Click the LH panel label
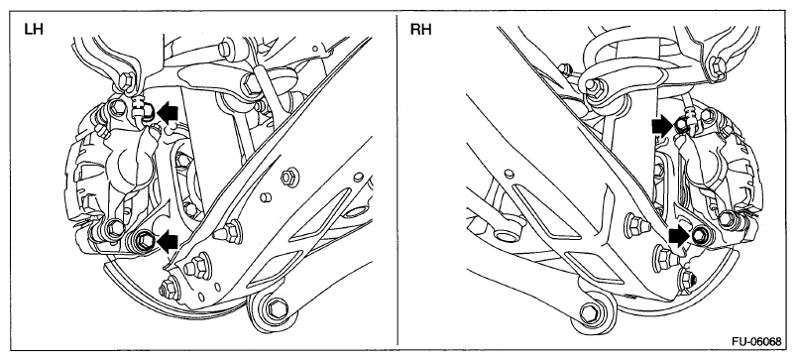pos(34,29)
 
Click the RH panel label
pos(421,29)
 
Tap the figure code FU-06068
pos(756,341)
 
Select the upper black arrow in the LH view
pos(168,111)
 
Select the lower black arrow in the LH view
pos(168,241)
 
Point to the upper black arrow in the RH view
pos(663,124)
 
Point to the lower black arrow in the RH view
pos(679,235)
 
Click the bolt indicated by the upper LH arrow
pos(148,112)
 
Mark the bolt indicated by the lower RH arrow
pos(700,234)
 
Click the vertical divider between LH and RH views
pos(397,180)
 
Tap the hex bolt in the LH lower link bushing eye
pos(277,307)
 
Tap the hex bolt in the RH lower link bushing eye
pos(590,311)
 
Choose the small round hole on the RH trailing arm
pos(509,174)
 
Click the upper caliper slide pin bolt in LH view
pos(117,107)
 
